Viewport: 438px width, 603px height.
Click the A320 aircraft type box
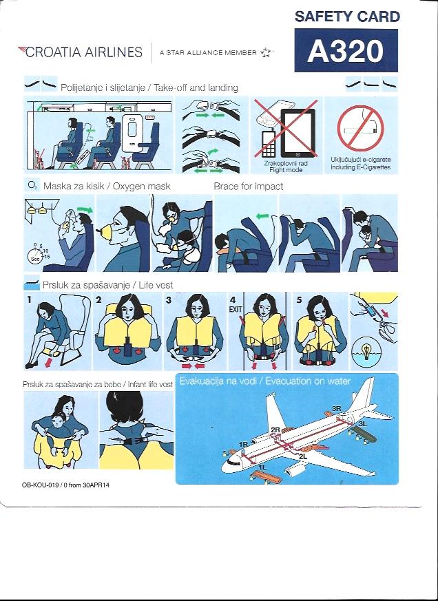click(x=346, y=50)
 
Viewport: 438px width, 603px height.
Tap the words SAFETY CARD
click(x=348, y=17)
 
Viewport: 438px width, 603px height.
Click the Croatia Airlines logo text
click(x=81, y=52)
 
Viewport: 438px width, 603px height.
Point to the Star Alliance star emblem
click(x=266, y=53)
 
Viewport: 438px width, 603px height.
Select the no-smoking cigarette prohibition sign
click(x=361, y=129)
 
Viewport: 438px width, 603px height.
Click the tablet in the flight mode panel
click(x=298, y=133)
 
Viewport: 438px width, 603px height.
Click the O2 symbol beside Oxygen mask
click(x=32, y=185)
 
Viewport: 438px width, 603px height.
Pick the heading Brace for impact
click(x=248, y=187)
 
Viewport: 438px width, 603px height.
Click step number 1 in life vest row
click(x=29, y=299)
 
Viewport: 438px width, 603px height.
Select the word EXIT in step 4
click(x=236, y=309)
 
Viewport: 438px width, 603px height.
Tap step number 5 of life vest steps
click(x=299, y=299)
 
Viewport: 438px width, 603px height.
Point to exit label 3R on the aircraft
click(x=336, y=408)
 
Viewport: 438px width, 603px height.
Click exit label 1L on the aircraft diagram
click(x=262, y=467)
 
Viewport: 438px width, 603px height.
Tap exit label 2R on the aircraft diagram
click(x=275, y=430)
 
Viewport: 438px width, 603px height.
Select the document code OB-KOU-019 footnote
click(x=66, y=485)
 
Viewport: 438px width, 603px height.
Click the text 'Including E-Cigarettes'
click(x=361, y=167)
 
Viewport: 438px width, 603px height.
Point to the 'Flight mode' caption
click(x=286, y=170)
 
